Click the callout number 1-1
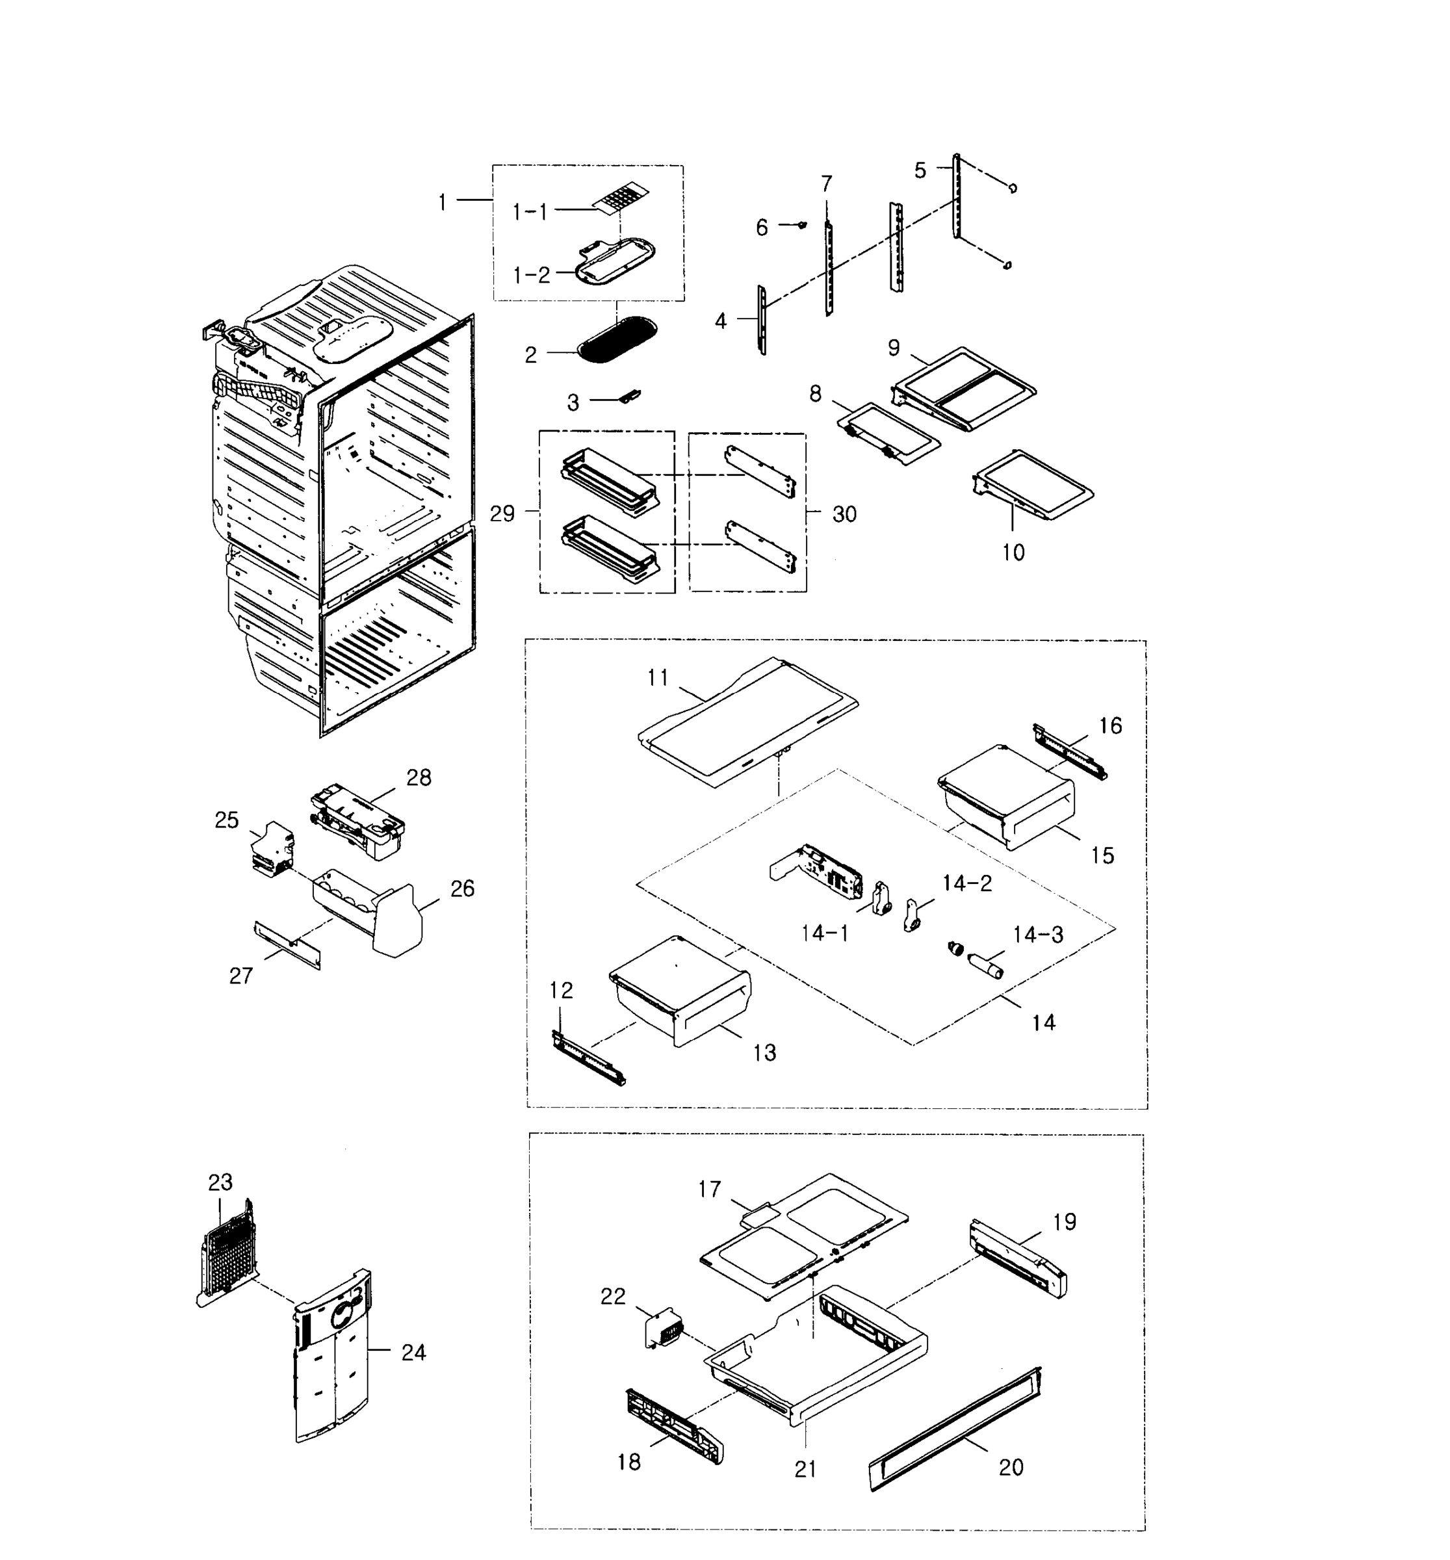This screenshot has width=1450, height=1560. (530, 211)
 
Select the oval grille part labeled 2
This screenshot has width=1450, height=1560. (617, 340)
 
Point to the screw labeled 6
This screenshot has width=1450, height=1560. (801, 225)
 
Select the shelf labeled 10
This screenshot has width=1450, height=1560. (1034, 485)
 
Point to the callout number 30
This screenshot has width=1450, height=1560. (844, 514)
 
